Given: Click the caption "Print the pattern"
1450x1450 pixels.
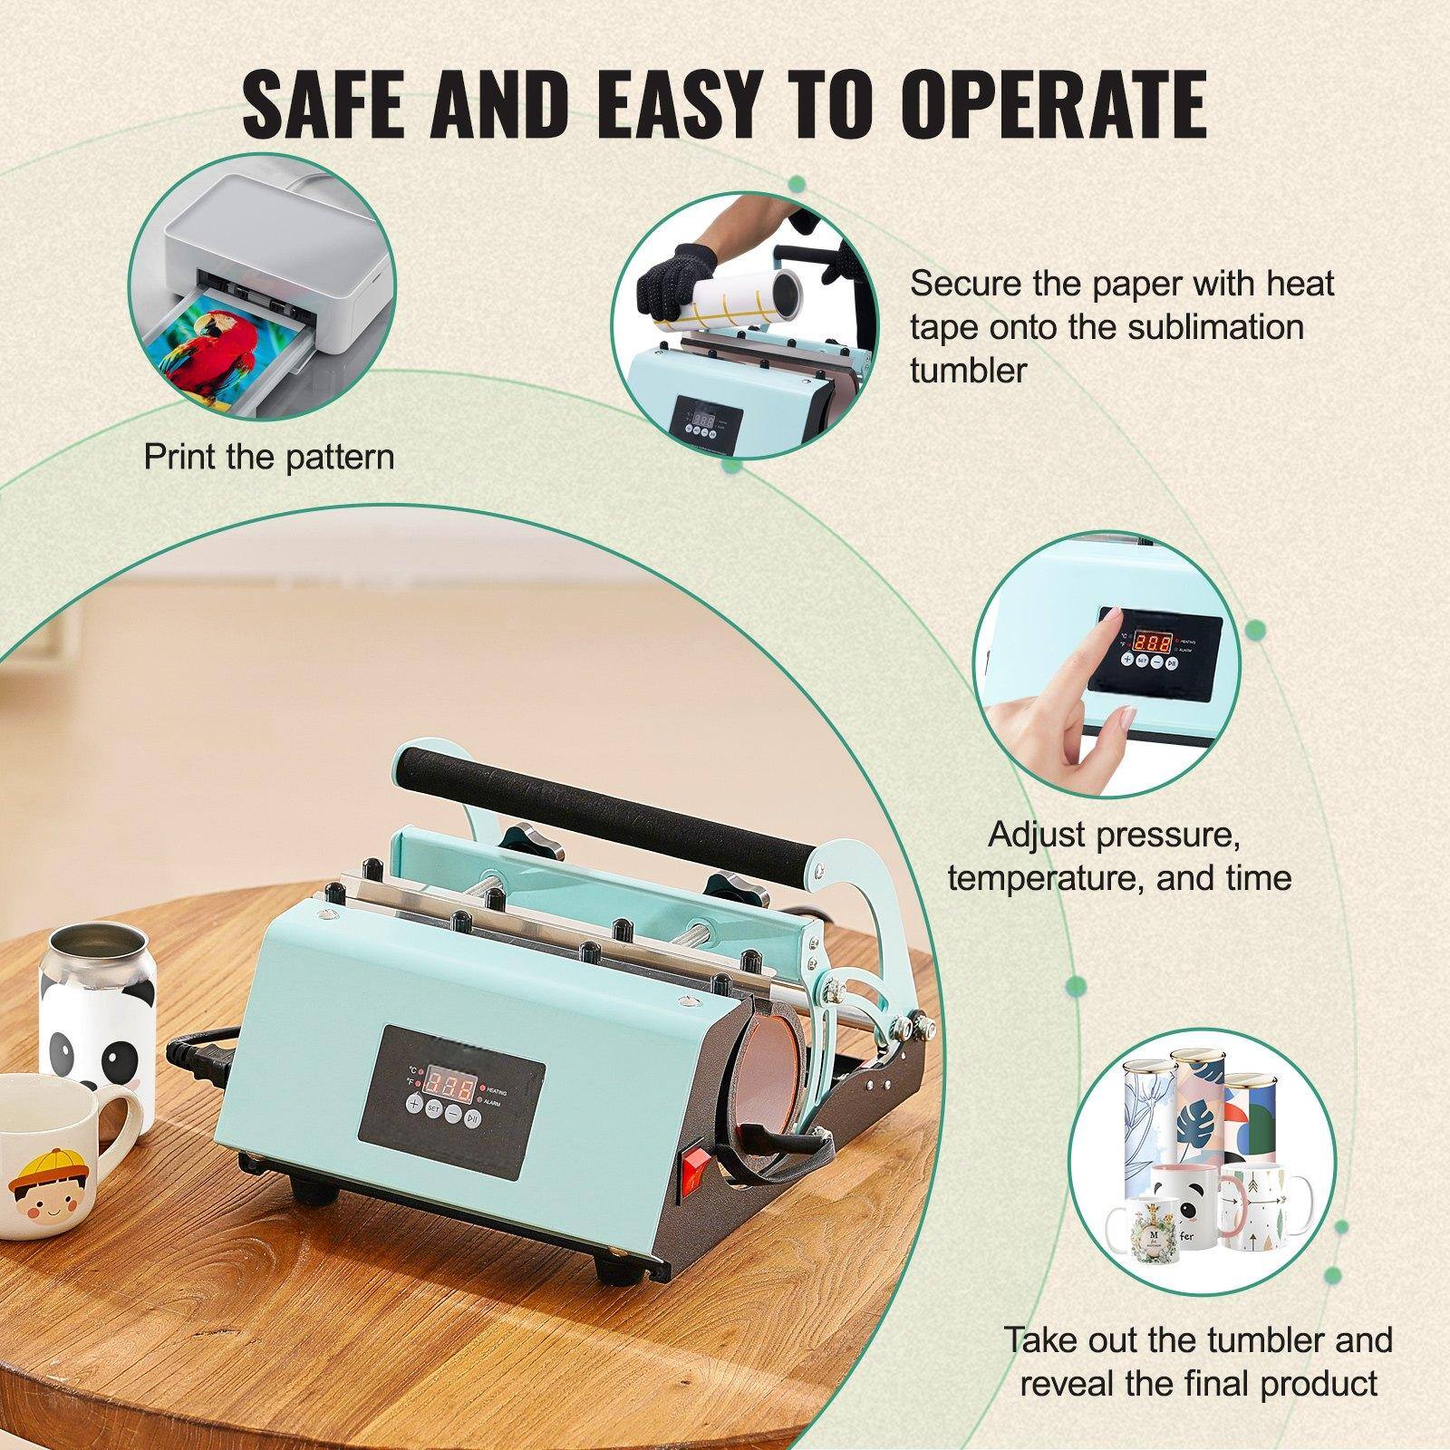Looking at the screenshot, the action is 269,456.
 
